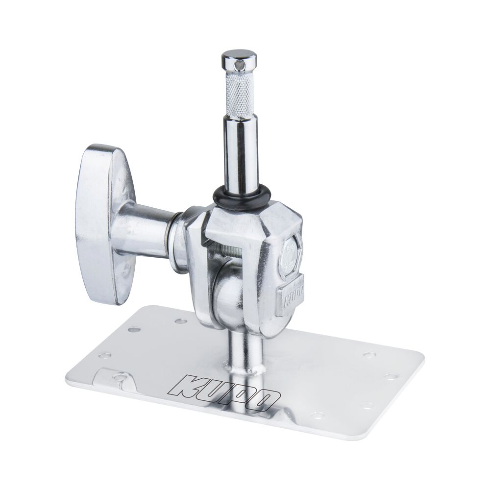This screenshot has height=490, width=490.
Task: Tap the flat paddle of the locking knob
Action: coord(100,223)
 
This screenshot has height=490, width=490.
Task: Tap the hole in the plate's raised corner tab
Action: coord(120,376)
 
